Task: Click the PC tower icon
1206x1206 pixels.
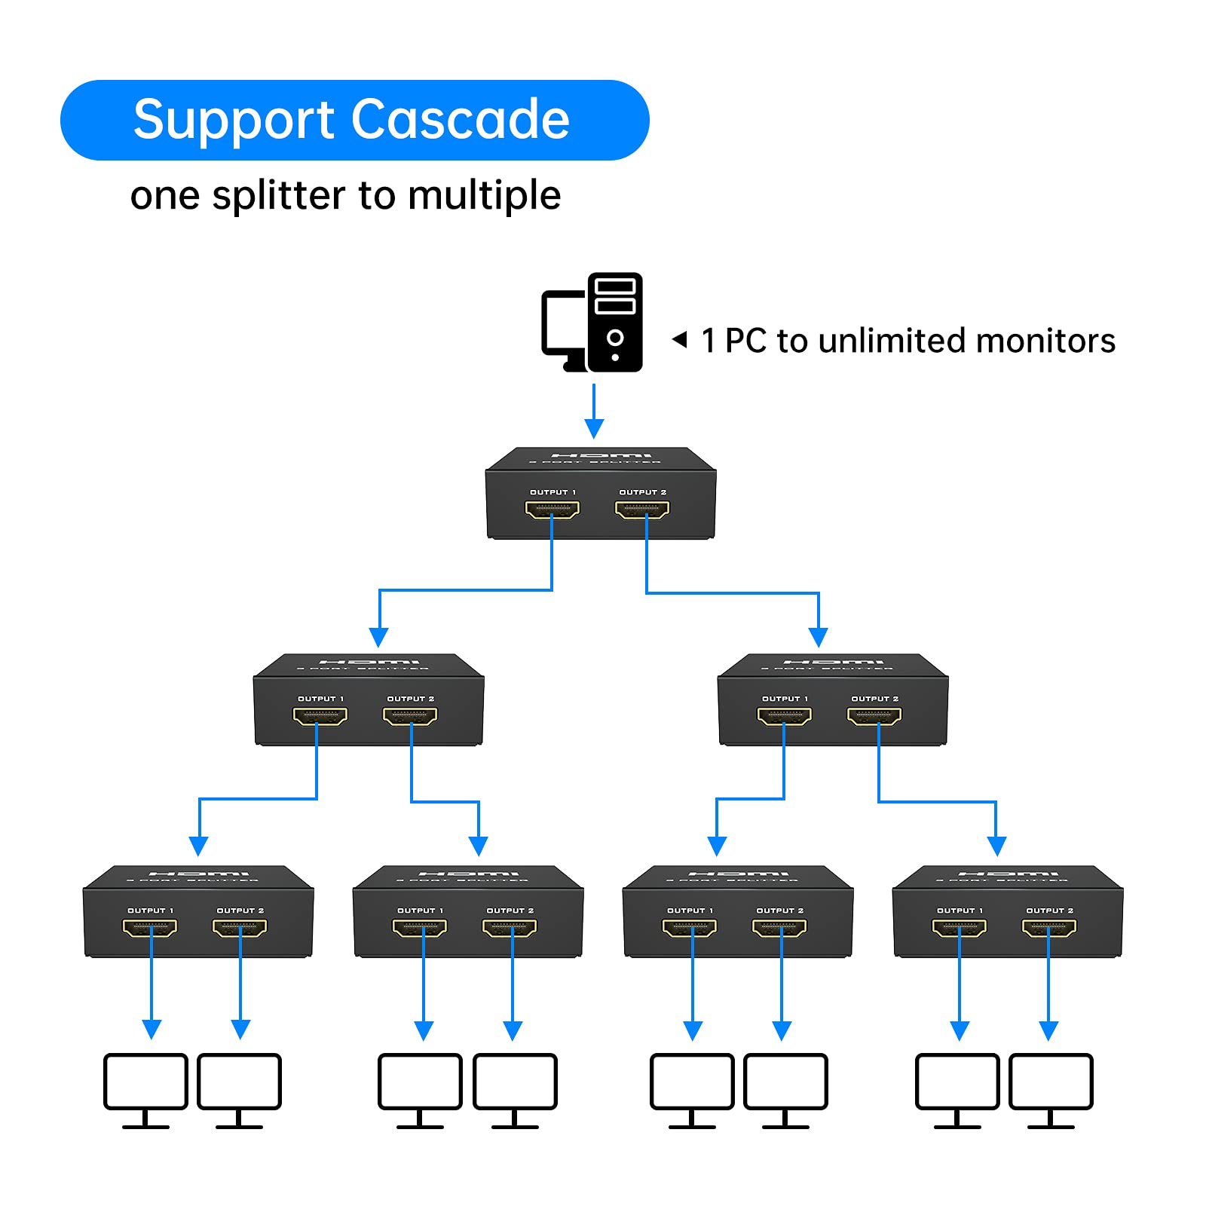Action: click(615, 322)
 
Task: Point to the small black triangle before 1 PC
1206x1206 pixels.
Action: click(680, 340)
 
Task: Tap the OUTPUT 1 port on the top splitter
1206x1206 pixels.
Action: click(552, 510)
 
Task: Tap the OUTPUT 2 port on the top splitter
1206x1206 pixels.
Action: click(642, 510)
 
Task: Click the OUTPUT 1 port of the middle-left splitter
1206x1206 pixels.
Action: click(320, 716)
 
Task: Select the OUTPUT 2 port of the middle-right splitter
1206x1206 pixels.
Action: click(874, 716)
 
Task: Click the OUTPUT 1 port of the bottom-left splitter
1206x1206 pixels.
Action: click(150, 928)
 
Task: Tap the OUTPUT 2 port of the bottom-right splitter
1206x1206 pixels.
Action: click(1049, 928)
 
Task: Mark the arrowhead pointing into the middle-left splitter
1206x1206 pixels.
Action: click(379, 637)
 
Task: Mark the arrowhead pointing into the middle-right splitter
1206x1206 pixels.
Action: click(819, 637)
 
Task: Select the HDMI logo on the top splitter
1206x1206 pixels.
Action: click(601, 455)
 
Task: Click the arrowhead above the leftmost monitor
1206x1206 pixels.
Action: click(152, 1030)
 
